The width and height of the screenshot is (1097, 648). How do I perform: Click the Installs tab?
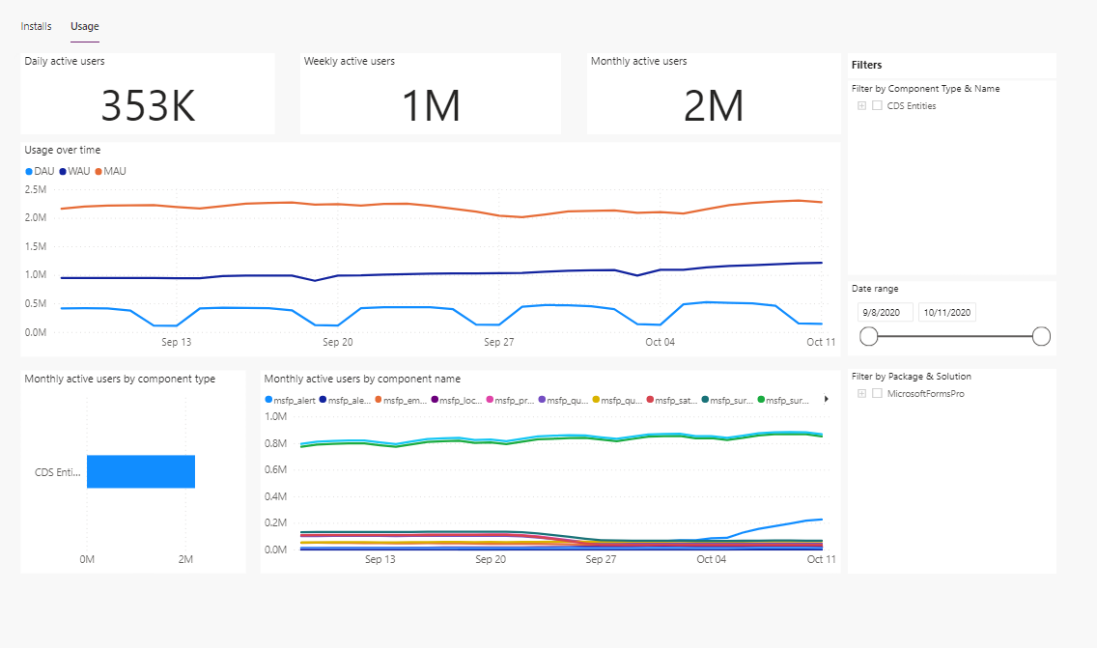[36, 26]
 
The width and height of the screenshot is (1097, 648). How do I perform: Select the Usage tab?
[85, 26]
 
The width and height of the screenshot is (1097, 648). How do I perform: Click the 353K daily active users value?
[148, 105]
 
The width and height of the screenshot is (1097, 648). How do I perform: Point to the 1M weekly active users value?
[431, 105]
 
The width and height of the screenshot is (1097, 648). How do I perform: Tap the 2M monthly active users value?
[714, 105]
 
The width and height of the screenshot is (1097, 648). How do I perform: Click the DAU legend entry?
[40, 171]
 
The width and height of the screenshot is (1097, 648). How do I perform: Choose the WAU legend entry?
[74, 171]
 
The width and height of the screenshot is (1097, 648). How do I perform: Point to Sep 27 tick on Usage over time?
[498, 342]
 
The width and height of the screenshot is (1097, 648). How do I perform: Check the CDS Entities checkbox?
[877, 106]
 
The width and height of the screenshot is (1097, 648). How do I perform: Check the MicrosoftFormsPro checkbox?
[877, 394]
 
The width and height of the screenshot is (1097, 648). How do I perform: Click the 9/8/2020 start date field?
[884, 312]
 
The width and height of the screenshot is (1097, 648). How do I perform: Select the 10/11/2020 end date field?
[946, 312]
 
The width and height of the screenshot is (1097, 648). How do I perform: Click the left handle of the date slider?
[868, 336]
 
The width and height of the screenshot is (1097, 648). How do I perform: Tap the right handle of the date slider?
[1041, 336]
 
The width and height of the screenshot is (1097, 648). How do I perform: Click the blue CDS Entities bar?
[141, 471]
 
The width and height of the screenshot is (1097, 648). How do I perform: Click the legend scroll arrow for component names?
[826, 398]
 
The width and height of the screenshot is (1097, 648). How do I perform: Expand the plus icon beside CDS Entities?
[861, 106]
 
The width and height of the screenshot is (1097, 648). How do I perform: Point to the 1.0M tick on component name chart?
[275, 417]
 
